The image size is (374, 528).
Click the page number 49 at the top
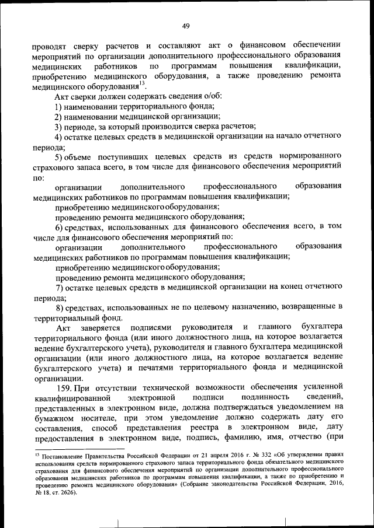[186, 26]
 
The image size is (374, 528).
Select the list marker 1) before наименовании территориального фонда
[59, 106]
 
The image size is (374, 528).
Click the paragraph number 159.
[64, 387]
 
